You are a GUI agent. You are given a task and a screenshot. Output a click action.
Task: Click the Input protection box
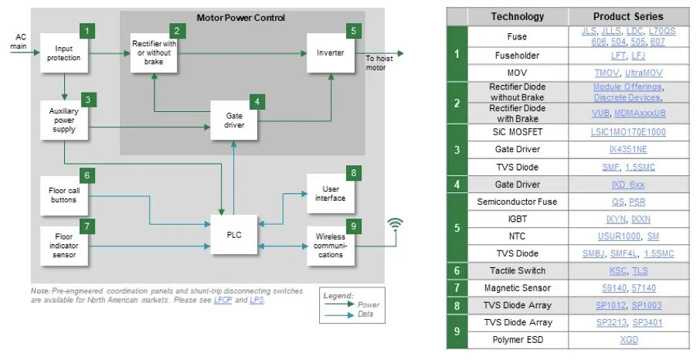[x=63, y=53]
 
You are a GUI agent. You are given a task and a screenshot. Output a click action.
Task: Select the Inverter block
[x=331, y=53]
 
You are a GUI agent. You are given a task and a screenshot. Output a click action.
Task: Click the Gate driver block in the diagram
[x=234, y=120]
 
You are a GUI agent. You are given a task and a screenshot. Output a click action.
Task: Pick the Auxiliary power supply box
[x=63, y=119]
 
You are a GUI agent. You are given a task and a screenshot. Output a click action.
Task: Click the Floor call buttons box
[x=63, y=195]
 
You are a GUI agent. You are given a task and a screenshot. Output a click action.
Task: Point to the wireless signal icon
[x=395, y=225]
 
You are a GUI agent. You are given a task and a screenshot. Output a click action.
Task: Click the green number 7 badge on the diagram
[x=87, y=226]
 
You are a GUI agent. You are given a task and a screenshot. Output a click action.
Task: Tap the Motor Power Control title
[x=240, y=18]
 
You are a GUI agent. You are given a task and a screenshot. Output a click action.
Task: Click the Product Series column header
[x=627, y=16]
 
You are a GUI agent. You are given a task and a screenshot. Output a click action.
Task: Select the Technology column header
[x=517, y=16]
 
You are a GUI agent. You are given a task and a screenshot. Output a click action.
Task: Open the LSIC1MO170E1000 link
[x=627, y=132]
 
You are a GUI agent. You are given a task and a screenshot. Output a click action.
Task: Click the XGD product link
[x=628, y=339]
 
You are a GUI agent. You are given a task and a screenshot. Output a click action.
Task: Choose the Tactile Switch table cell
[x=517, y=270]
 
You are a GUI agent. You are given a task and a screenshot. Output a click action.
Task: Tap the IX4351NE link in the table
[x=627, y=149]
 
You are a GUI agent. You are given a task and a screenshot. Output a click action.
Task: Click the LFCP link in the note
[x=223, y=300]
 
